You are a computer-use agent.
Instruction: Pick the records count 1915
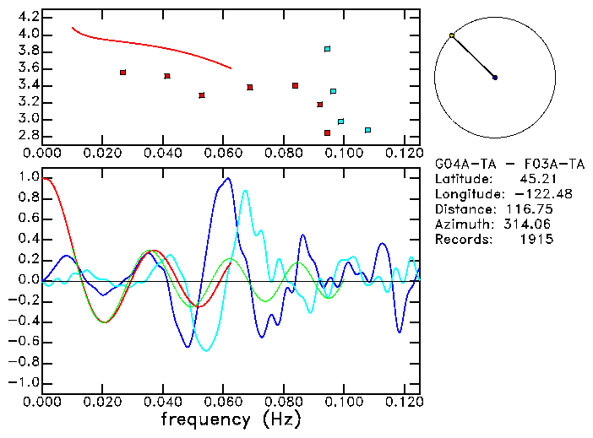(536, 240)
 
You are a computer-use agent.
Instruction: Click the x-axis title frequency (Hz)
(230, 419)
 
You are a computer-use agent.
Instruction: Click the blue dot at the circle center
(495, 78)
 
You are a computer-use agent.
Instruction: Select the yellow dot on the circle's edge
(452, 35)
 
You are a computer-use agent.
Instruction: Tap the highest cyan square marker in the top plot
(327, 49)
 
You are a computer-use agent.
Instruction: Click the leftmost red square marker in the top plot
(123, 73)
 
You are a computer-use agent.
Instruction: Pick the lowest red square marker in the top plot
(327, 132)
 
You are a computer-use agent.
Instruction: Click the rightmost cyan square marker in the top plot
(367, 130)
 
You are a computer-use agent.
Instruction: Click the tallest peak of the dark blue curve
(227, 178)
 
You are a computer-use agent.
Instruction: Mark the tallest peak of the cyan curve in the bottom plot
(245, 191)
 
